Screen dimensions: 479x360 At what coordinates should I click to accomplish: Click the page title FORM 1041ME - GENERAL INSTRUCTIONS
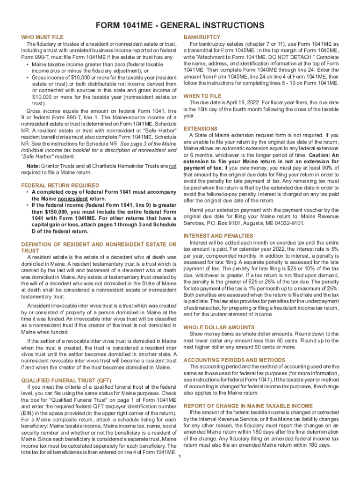180,25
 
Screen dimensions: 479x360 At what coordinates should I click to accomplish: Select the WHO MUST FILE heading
43,37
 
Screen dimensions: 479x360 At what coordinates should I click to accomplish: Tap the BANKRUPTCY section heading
202,37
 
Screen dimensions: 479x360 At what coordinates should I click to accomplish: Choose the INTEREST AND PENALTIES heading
218,236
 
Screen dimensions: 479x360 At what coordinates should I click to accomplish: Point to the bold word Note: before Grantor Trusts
33,166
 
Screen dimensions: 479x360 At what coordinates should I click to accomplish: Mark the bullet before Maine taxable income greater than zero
29,64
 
